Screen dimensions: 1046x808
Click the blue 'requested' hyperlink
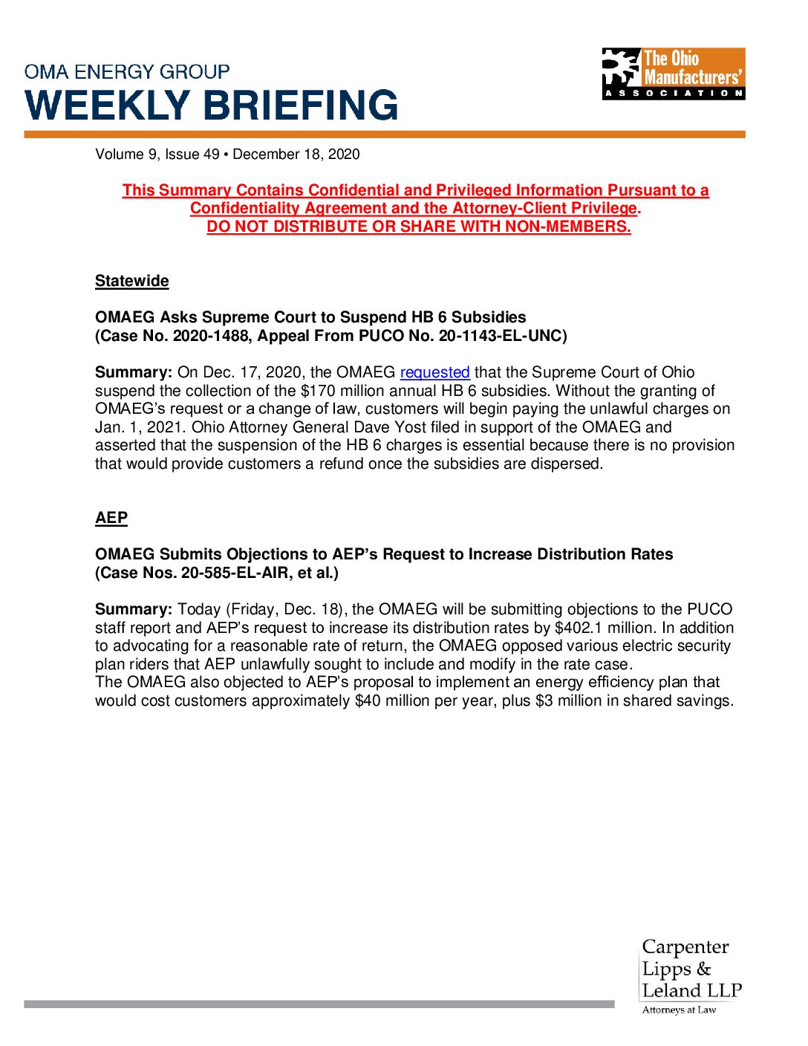tap(434, 372)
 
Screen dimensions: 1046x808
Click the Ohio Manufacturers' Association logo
tap(673, 74)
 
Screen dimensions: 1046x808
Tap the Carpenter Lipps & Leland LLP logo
tap(691, 969)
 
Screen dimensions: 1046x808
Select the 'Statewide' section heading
tap(132, 281)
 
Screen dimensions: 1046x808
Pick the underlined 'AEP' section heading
tap(111, 518)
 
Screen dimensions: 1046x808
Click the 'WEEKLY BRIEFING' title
tap(212, 105)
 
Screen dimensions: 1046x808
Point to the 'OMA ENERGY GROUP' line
tap(127, 72)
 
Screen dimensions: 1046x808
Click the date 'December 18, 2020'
tap(296, 155)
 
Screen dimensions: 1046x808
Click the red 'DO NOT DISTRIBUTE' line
tap(419, 227)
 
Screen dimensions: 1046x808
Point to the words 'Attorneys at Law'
tap(679, 1010)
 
